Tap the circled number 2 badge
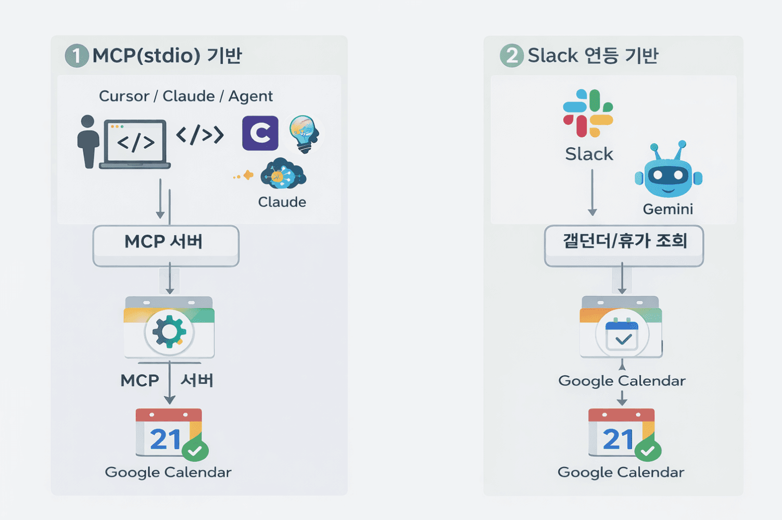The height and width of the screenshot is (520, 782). (512, 56)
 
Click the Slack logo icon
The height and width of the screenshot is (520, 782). (588, 113)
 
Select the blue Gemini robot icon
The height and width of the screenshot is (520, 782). (669, 171)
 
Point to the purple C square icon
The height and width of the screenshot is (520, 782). (260, 133)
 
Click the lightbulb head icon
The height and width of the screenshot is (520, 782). (304, 133)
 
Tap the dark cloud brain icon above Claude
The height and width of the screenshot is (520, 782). (283, 174)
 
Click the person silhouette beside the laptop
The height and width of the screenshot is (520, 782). (88, 142)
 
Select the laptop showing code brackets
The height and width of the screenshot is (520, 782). (135, 144)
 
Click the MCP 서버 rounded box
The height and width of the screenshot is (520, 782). (166, 245)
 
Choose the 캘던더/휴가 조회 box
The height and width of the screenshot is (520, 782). (624, 245)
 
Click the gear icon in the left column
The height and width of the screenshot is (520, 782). (169, 331)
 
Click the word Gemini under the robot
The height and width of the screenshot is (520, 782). (667, 209)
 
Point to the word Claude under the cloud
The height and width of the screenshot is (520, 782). (282, 202)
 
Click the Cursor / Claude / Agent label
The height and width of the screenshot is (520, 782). (186, 96)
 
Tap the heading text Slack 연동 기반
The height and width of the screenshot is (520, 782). (593, 56)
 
